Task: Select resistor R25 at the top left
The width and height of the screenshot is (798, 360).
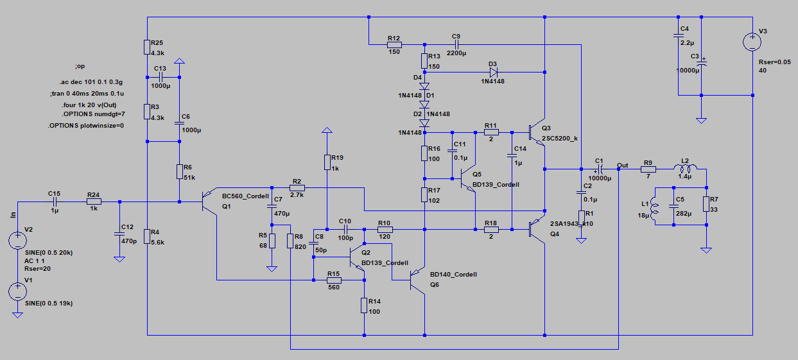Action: click(148, 47)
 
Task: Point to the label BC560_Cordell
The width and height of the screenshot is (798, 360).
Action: click(245, 196)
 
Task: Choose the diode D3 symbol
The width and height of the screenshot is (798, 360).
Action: click(494, 73)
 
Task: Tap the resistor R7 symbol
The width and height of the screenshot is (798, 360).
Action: click(706, 204)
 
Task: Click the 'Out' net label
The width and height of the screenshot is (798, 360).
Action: click(623, 165)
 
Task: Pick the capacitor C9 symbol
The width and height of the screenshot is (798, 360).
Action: click(456, 44)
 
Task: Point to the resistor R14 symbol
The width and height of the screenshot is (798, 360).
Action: click(364, 306)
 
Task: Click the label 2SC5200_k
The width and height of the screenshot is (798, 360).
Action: click(560, 138)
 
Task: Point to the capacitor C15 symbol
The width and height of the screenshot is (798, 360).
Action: click(54, 201)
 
